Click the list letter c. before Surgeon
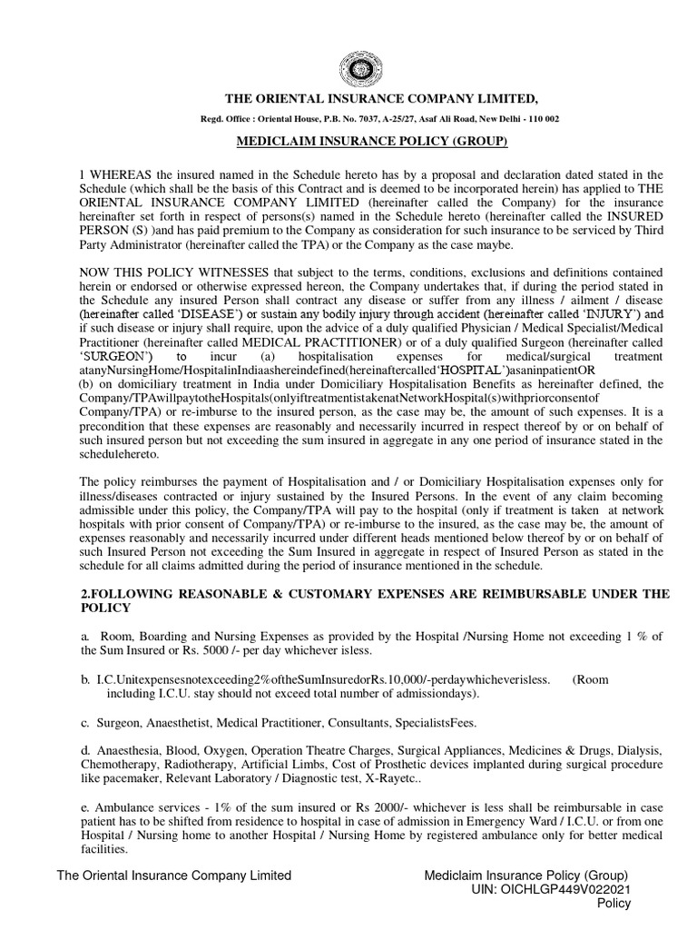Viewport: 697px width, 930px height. click(x=84, y=722)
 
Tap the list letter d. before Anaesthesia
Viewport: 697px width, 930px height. click(x=84, y=752)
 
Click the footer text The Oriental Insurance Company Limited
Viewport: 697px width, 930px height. click(x=174, y=876)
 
